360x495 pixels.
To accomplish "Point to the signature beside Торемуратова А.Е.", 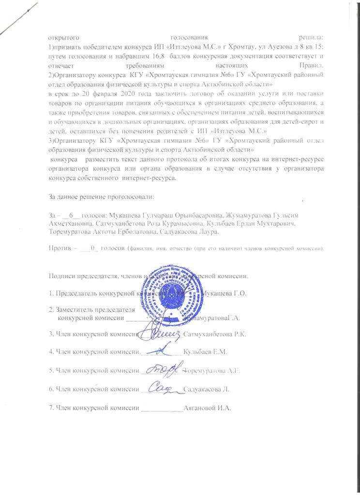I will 165,369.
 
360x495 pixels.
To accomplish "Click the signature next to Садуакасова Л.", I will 162,387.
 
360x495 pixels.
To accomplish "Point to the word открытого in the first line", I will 64,37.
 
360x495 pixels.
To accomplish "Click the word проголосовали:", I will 129,197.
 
